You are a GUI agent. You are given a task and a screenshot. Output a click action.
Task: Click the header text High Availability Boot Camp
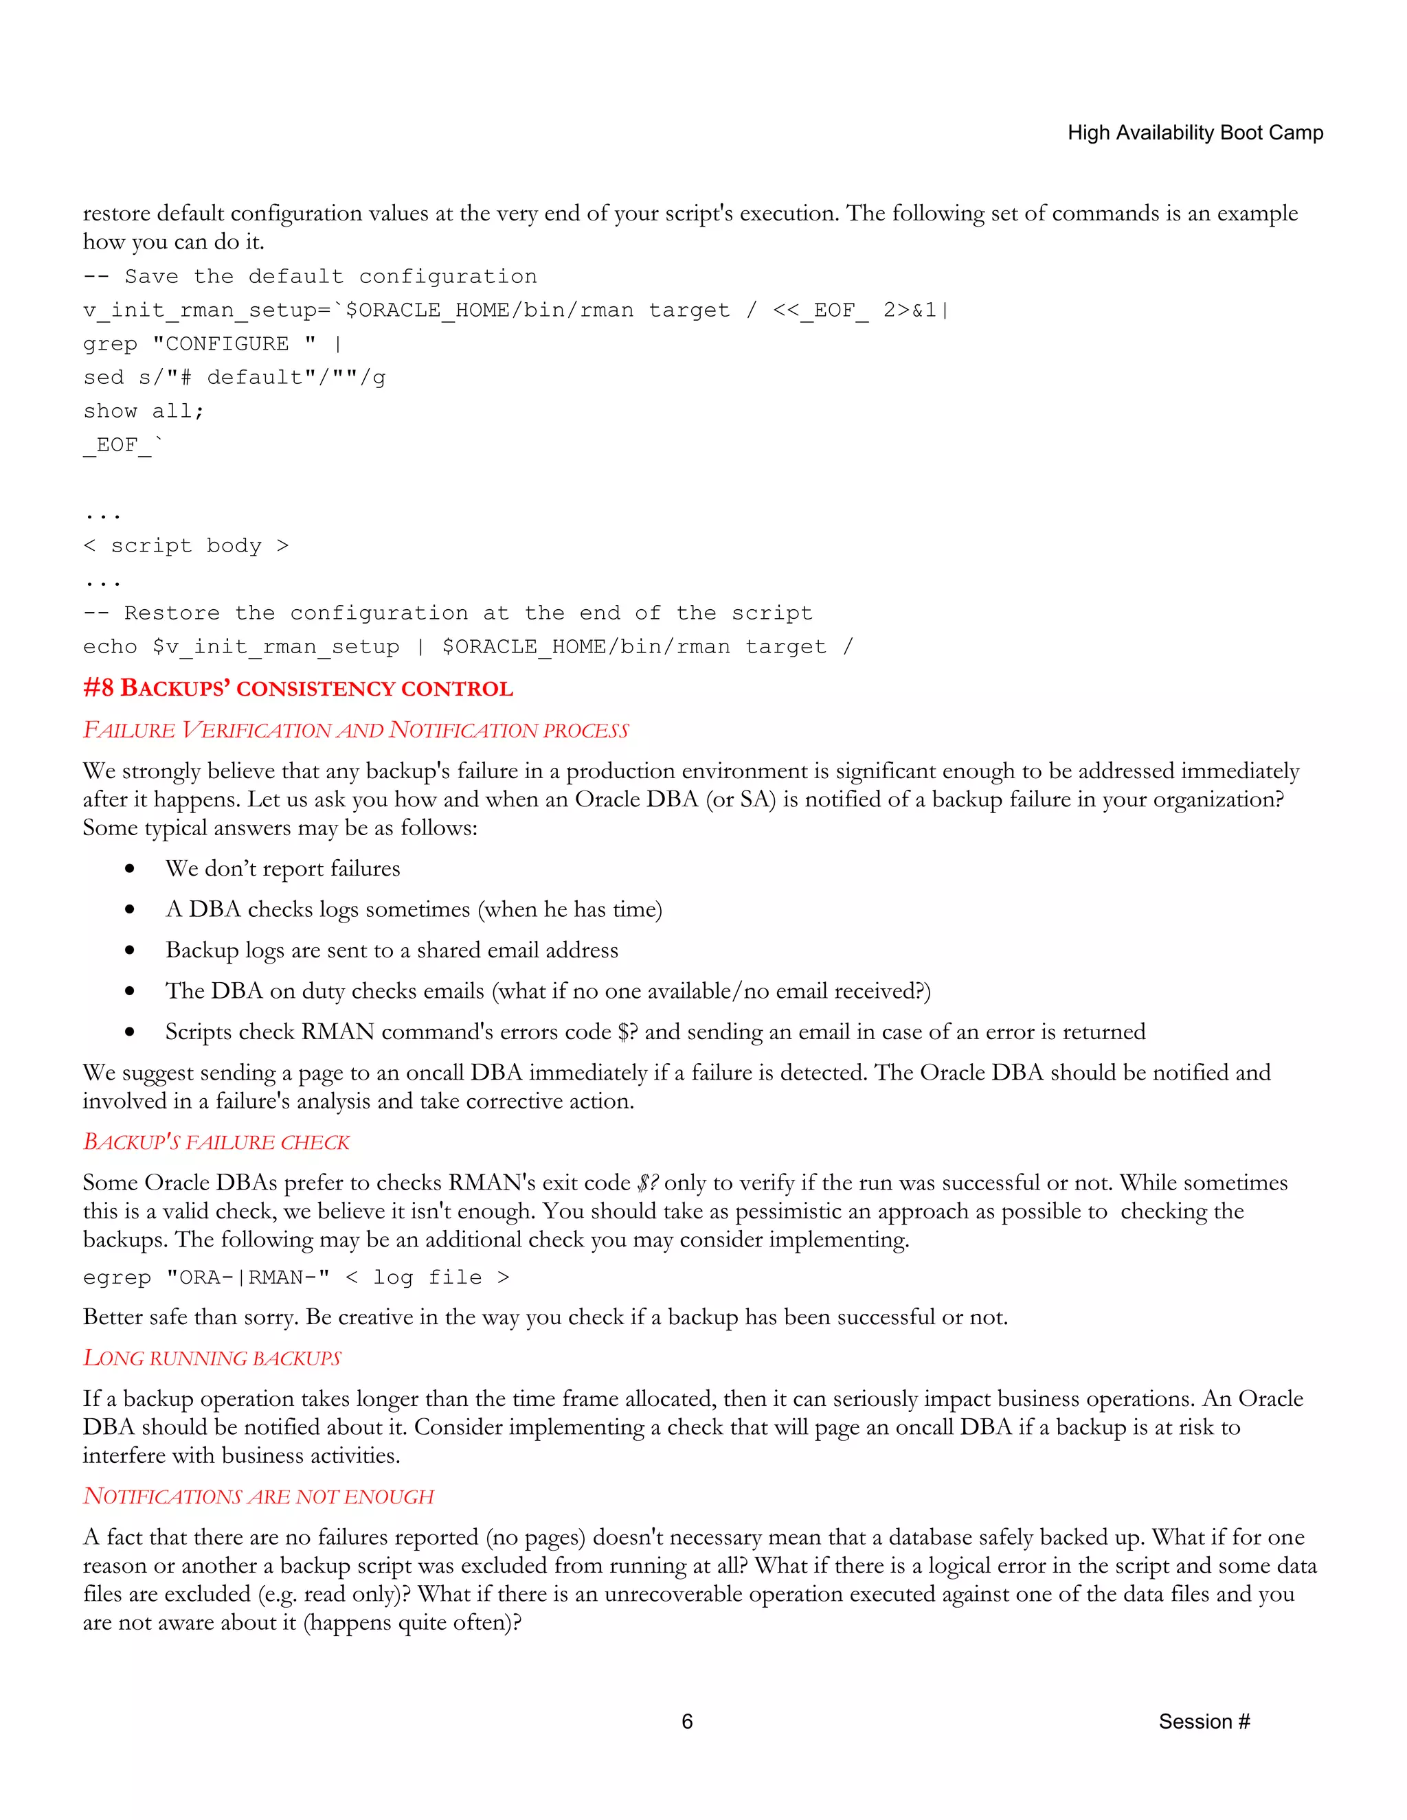click(1195, 133)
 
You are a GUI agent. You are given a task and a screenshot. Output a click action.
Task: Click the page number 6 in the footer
click(687, 1721)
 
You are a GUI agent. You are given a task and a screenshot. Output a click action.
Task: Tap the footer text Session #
click(1204, 1721)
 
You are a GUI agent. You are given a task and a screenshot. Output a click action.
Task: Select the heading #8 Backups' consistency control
click(297, 688)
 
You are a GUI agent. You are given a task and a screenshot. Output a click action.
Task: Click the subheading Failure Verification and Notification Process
click(355, 730)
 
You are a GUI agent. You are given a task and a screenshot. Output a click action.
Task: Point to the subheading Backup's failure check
click(216, 1141)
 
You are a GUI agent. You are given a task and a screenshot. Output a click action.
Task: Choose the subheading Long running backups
click(212, 1358)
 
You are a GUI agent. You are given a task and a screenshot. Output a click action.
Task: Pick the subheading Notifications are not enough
click(258, 1496)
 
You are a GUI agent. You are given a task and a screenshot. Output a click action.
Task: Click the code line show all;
click(144, 411)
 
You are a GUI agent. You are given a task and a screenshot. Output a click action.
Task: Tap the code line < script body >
click(186, 546)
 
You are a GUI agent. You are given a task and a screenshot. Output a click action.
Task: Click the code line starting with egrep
click(296, 1277)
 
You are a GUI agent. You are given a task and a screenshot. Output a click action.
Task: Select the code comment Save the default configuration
click(310, 277)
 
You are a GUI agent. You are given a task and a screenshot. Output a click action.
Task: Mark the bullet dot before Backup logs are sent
click(130, 950)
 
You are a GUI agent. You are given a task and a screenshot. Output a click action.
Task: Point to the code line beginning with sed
click(234, 378)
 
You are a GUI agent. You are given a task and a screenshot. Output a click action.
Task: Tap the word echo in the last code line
click(110, 647)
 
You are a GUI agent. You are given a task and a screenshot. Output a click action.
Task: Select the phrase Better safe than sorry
click(191, 1317)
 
